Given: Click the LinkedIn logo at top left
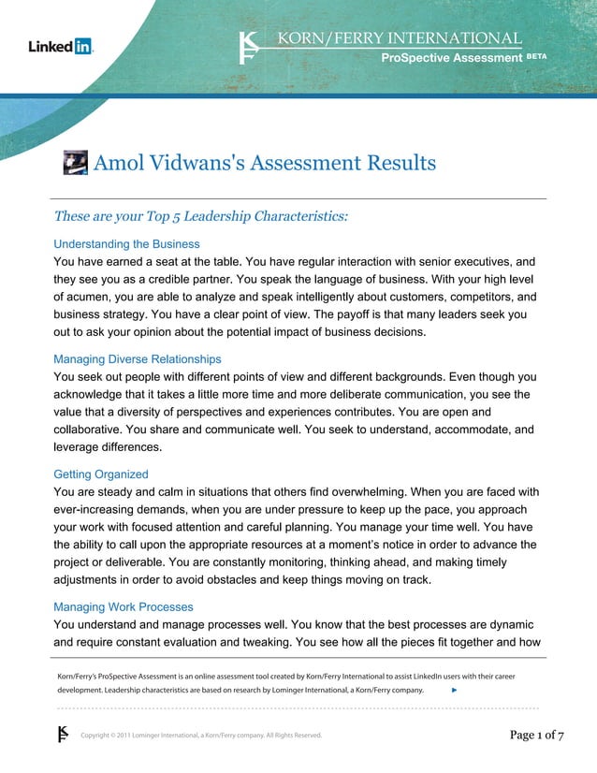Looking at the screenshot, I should pos(61,46).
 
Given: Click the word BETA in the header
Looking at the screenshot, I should pos(536,56).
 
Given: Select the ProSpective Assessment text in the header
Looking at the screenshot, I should pos(450,58).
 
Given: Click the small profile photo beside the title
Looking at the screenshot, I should pos(75,162).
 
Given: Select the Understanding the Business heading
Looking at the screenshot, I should pos(126,244).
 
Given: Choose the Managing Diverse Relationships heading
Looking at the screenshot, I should pos(137,359).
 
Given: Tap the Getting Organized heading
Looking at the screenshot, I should pos(101,474).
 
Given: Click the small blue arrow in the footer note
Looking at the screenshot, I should pos(454,689).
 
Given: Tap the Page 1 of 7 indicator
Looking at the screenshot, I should pos(536,735).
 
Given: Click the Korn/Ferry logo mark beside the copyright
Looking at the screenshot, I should pos(64,734).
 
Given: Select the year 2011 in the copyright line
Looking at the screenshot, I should pos(130,736).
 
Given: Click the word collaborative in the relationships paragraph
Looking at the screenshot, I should pos(94,430).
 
